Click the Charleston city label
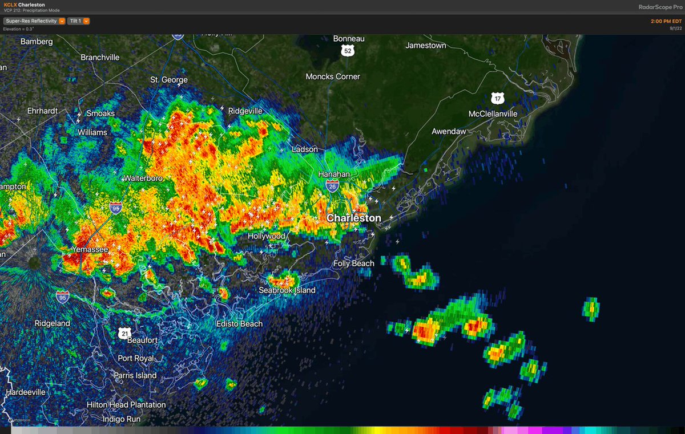click(353, 218)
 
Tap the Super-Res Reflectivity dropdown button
click(34, 21)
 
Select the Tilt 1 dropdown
click(78, 21)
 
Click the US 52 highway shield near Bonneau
click(348, 51)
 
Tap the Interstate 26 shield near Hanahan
click(332, 185)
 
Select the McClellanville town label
click(493, 113)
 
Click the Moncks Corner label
click(333, 76)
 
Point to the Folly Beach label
click(354, 263)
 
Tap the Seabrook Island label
click(287, 290)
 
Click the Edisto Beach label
click(239, 323)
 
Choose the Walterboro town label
click(143, 178)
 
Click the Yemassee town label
click(90, 249)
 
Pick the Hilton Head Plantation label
click(126, 404)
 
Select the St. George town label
click(168, 79)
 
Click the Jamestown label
click(425, 45)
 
